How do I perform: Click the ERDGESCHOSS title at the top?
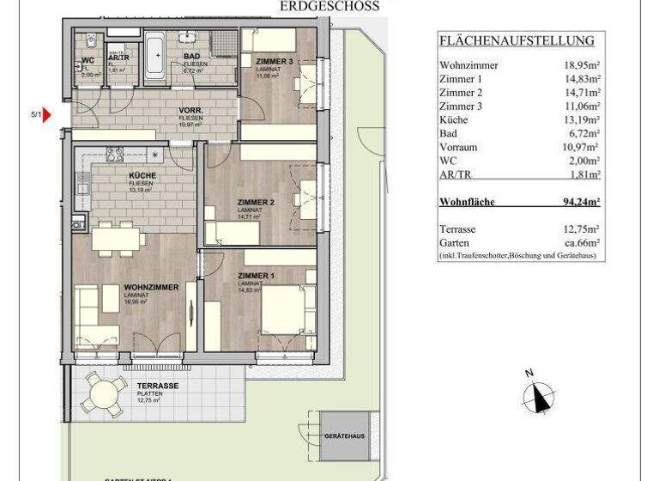[x=329, y=6]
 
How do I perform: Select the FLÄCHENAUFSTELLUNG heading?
[x=516, y=40]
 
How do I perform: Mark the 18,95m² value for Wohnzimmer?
[x=580, y=65]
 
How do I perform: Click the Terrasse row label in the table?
[x=457, y=229]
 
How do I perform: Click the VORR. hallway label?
[x=190, y=112]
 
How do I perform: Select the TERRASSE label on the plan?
[x=155, y=386]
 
